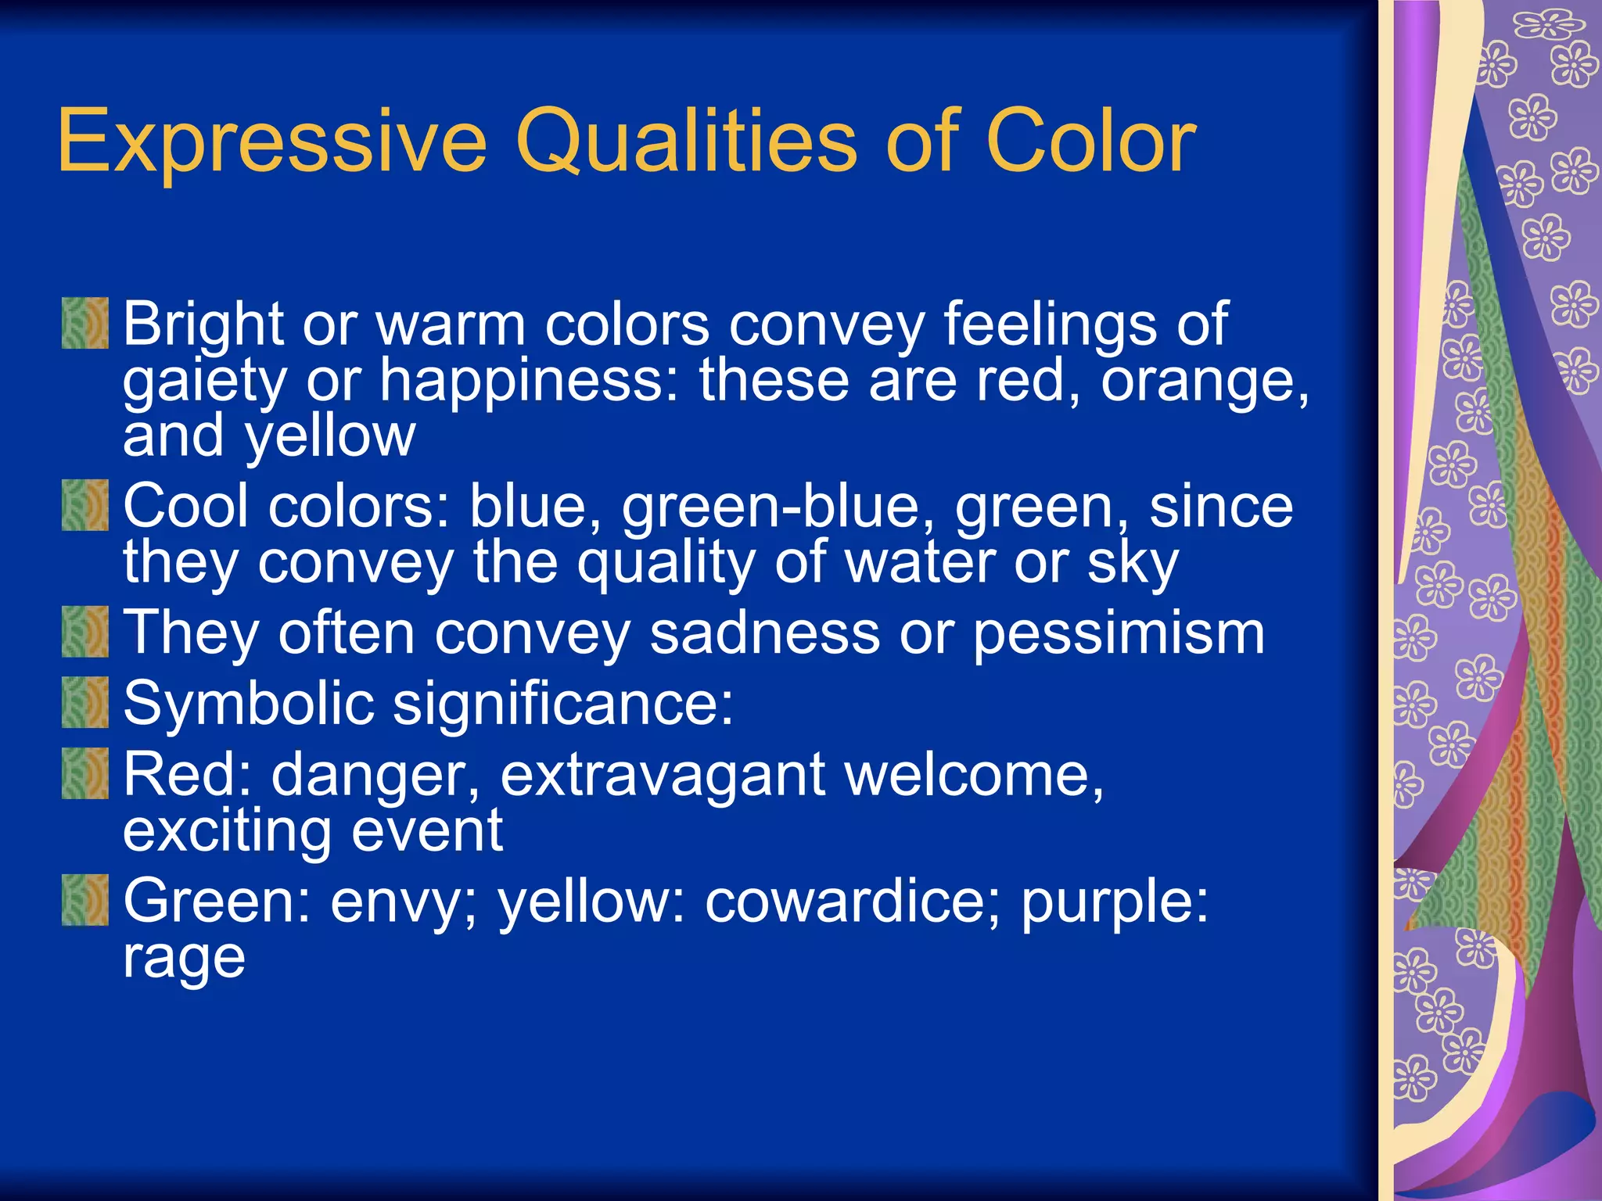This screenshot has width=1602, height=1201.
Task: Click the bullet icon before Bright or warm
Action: [x=85, y=323]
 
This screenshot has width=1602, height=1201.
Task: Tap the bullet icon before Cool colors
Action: [x=85, y=506]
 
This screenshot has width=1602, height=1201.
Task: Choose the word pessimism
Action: [x=1119, y=634]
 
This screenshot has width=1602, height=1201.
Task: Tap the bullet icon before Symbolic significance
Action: [x=85, y=703]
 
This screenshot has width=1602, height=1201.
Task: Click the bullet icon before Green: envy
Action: [x=85, y=901]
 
